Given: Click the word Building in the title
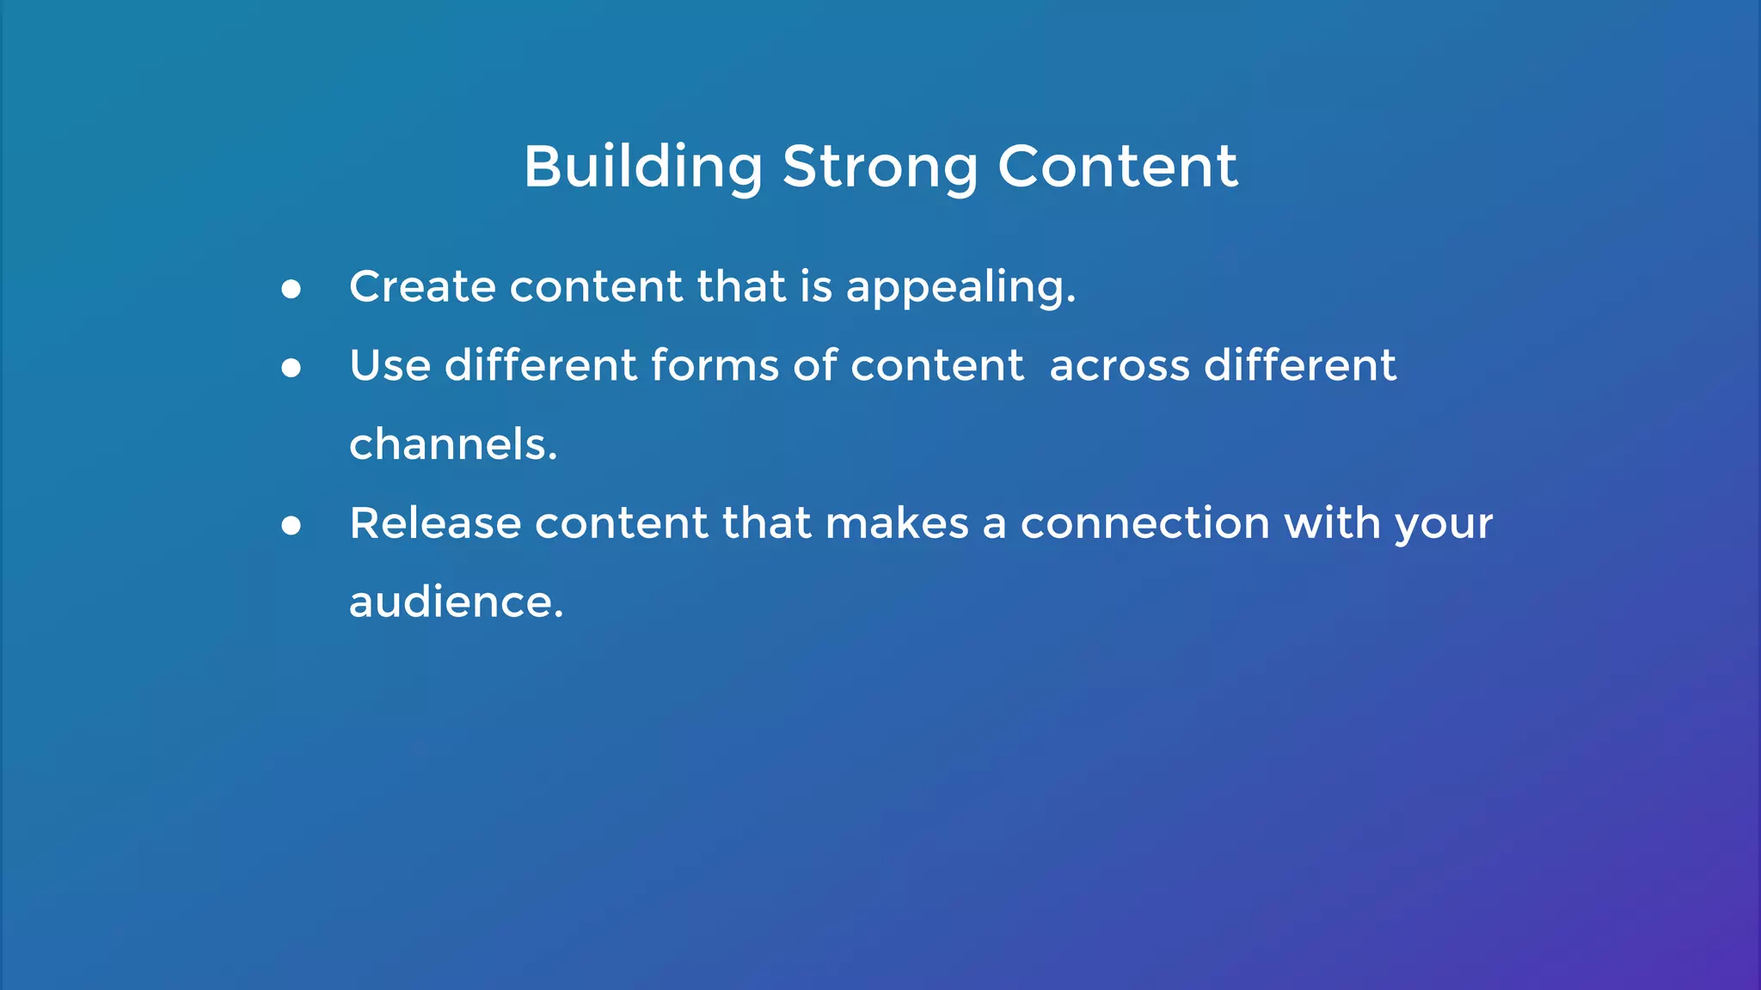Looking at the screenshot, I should coord(642,167).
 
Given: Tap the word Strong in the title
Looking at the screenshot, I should coord(880,167).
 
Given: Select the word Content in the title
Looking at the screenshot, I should coord(1117,167).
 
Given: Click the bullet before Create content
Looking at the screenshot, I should coord(291,290).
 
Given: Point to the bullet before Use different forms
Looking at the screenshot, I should coord(291,369).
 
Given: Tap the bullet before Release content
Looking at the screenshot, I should coord(291,526).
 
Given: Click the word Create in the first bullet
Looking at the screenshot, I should coord(421,286).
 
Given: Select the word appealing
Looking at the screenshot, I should coord(960,288).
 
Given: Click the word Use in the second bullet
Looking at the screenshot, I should coord(390,365).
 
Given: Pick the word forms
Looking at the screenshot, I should coord(715,365).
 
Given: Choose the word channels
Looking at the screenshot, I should coord(453,444).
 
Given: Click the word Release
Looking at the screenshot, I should coord(435,523).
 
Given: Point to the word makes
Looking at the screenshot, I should coord(896,523).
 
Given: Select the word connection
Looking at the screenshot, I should coord(1144,523).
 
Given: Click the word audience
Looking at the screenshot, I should coord(456,602).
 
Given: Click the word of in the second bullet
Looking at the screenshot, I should coord(814,365).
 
